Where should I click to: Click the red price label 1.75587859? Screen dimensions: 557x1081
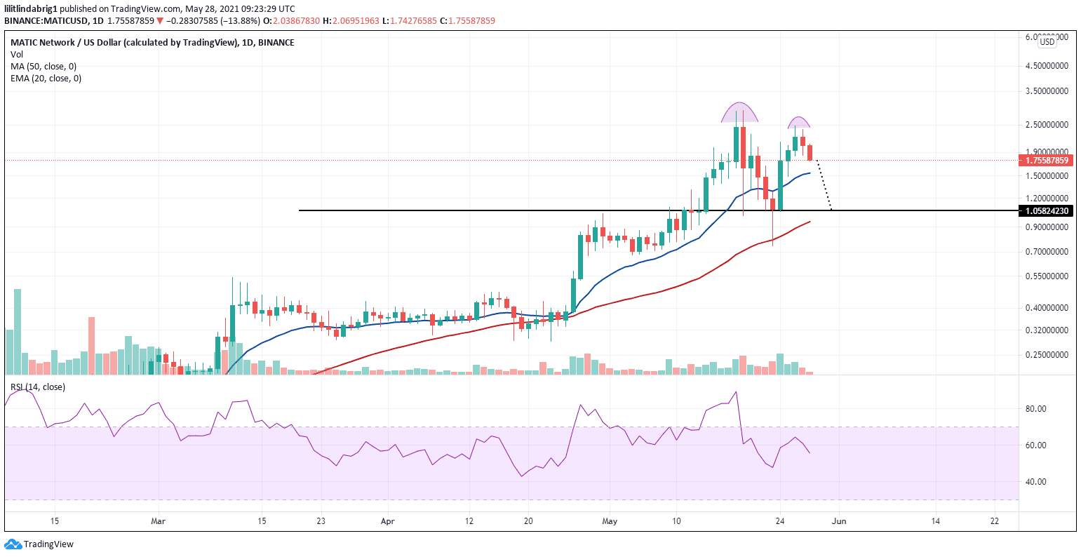pos(1047,161)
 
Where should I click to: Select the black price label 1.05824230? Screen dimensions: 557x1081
pos(1047,211)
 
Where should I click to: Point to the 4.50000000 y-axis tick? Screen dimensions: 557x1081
pos(1047,66)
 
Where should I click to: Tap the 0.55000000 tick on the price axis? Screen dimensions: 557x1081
pos(1047,276)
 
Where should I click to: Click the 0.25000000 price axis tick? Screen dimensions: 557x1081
pos(1047,355)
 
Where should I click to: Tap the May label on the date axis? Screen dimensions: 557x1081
pos(610,521)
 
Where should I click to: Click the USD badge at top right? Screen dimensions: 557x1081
pos(1047,42)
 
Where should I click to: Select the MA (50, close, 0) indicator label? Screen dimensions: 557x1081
pos(43,67)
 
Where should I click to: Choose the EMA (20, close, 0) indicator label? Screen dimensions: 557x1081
pos(46,79)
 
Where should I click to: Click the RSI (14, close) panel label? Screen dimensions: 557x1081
pos(37,387)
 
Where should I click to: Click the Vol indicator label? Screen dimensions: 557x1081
pos(17,55)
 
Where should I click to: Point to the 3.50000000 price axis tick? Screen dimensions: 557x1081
pos(1047,91)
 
